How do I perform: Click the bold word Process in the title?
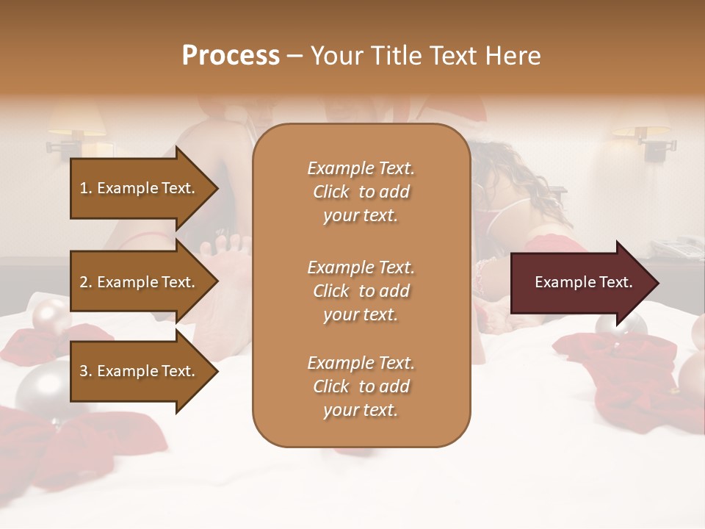pyautogui.click(x=231, y=56)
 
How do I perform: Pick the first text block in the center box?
pyautogui.click(x=361, y=192)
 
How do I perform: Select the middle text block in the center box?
pyautogui.click(x=361, y=291)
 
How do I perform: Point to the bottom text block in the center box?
pyautogui.click(x=361, y=386)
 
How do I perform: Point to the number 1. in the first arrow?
pyautogui.click(x=86, y=188)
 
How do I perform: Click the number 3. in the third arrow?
pyautogui.click(x=86, y=371)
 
